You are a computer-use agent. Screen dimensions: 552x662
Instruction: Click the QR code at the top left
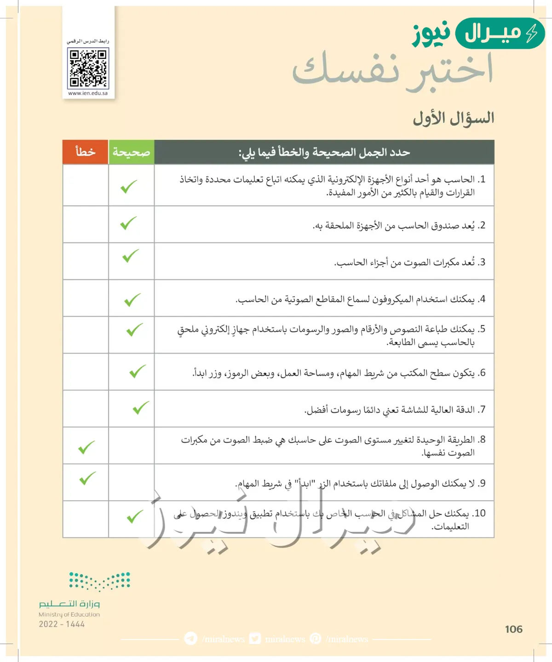point(88,68)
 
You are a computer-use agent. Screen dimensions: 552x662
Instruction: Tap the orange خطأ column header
point(86,152)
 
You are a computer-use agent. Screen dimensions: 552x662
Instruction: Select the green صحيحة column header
point(131,152)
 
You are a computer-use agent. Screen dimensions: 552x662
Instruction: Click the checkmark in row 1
point(129,187)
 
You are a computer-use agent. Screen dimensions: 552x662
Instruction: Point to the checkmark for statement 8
point(86,447)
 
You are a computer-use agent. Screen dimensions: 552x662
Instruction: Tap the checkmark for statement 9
point(87,479)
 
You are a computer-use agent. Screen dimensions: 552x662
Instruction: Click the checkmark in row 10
point(135,517)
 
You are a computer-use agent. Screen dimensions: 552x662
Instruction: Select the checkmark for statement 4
point(132,300)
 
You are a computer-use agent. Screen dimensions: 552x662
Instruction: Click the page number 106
point(513,629)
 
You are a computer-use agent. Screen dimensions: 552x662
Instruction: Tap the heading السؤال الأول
point(453,118)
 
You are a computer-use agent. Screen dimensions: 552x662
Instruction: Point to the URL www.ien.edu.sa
point(88,93)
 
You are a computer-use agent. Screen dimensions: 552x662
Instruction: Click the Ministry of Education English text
point(69,615)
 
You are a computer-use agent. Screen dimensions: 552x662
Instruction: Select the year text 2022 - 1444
point(62,624)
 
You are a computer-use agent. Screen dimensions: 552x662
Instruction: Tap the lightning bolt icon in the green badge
point(532,34)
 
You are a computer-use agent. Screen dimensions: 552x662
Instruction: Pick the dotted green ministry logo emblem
point(99,581)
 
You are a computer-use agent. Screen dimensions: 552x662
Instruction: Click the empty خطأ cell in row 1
point(86,185)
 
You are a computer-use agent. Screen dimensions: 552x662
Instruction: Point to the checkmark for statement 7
point(141,408)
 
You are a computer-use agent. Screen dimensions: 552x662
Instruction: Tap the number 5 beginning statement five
point(482,329)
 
